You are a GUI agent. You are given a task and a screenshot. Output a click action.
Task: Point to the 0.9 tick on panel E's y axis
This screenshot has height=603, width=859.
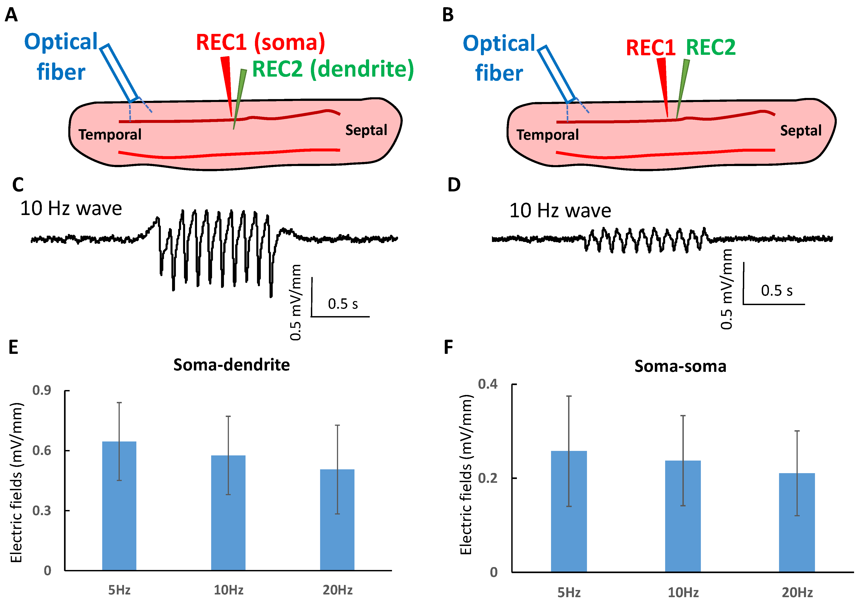42,390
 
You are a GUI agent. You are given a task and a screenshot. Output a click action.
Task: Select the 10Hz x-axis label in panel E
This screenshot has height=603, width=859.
228,590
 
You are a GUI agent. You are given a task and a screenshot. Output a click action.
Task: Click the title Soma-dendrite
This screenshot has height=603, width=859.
231,365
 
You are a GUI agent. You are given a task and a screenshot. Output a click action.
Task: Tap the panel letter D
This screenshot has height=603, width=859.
454,185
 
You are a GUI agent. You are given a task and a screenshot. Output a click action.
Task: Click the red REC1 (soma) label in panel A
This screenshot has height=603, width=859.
260,42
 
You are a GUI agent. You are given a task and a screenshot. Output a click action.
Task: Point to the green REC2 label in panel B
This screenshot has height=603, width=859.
711,47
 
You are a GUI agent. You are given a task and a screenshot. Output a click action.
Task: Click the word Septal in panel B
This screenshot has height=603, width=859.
800,131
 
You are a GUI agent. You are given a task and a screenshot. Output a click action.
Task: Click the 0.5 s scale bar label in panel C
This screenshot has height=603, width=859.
343,304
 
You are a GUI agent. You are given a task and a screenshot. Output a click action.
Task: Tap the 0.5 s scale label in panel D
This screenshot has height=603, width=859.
776,291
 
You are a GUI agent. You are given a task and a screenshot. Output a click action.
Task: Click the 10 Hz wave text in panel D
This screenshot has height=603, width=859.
560,211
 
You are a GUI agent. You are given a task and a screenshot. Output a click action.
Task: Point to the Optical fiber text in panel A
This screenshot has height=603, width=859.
61,56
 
